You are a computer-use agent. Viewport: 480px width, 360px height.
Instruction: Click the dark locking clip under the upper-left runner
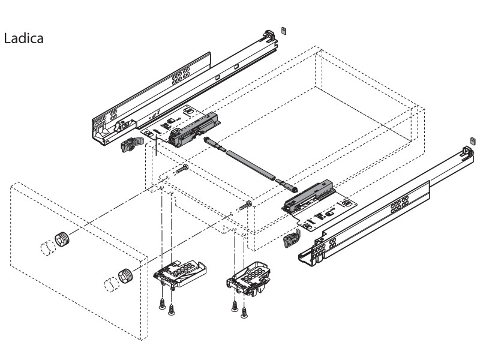tap(131, 145)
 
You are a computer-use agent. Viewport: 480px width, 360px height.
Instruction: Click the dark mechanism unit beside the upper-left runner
tap(193, 131)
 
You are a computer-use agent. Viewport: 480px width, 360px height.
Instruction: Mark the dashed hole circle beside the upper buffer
tap(45, 247)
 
